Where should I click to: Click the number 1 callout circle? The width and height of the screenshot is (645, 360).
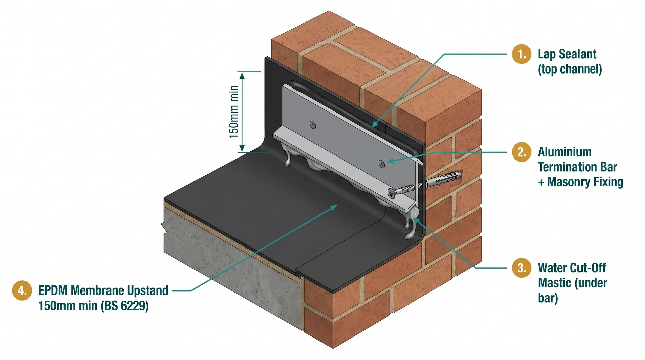point(521,54)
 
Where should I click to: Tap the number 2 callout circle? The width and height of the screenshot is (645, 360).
point(521,152)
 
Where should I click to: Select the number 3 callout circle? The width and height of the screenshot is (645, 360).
point(521,268)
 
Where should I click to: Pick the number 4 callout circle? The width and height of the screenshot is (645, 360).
point(22,290)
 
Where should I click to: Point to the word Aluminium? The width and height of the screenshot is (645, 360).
point(564,152)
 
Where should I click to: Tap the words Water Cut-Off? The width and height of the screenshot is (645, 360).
point(571,268)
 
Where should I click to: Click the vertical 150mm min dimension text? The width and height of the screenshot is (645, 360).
point(234,112)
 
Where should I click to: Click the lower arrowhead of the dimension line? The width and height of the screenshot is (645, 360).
point(242,148)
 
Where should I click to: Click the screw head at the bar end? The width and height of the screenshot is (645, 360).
point(392,193)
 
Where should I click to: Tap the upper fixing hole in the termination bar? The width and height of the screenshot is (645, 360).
point(313,125)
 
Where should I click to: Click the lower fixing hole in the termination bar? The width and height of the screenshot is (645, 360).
point(382,164)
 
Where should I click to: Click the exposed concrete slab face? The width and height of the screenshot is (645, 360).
point(232,265)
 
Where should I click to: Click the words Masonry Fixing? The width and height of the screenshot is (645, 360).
point(585,182)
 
